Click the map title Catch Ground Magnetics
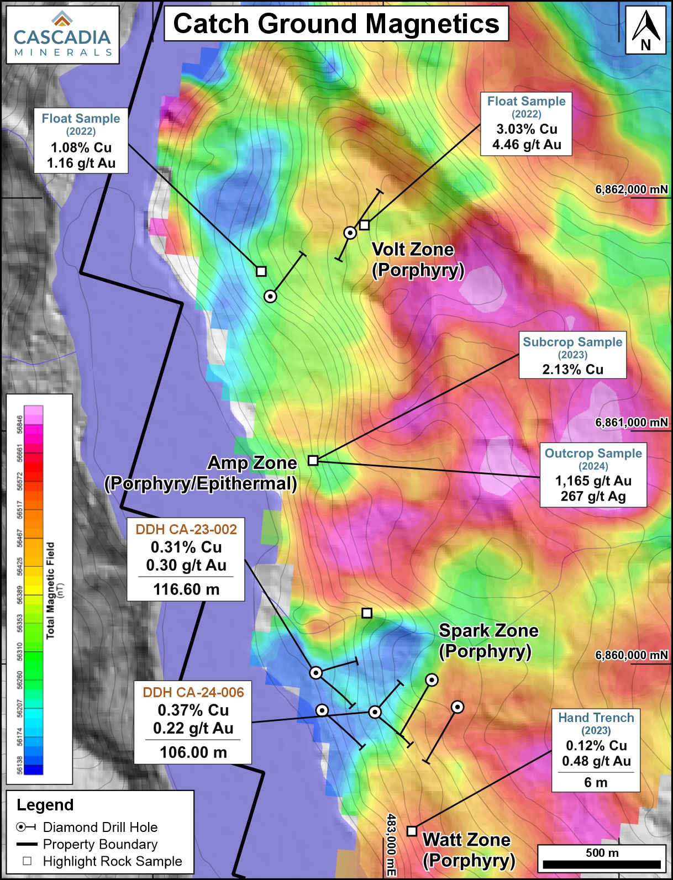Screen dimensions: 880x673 pos(336,24)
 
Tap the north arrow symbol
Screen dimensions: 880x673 pos(645,30)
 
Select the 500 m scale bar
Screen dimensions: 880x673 pos(602,864)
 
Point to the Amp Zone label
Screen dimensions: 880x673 pos(252,463)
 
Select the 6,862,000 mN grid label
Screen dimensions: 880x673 pos(631,189)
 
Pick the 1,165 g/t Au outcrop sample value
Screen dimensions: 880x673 pos(593,481)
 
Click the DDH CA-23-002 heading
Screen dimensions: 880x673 pos(186,529)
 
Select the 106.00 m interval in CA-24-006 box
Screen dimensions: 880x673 pos(193,752)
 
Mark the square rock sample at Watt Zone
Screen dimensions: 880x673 pos(412,831)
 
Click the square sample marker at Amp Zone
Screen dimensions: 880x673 pos(313,460)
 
